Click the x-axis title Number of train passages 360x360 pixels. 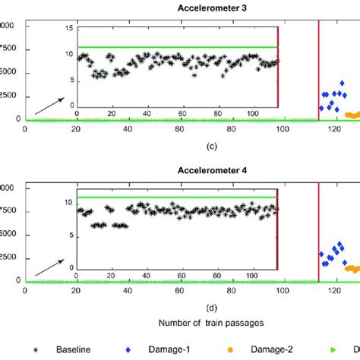pyautogui.click(x=211, y=323)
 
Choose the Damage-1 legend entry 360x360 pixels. pyautogui.click(x=188, y=349)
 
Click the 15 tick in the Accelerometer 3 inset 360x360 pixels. pyautogui.click(x=68, y=28)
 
